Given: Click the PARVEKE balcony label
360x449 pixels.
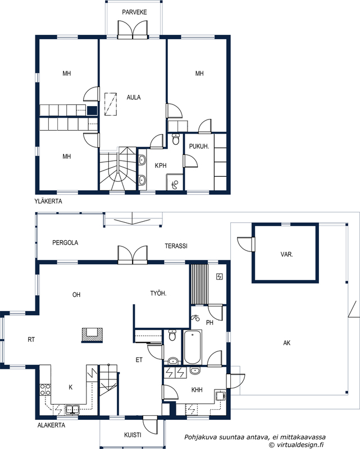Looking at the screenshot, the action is (134, 12).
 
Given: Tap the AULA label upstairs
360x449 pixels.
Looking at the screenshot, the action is (134, 97).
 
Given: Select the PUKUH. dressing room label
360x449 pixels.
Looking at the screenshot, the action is (199, 146).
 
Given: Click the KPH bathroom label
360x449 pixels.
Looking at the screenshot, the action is (161, 166).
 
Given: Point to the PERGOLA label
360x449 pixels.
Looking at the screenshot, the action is (65, 242).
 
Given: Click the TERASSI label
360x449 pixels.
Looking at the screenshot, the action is (176, 246).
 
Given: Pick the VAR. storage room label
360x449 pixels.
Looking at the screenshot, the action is (286, 254).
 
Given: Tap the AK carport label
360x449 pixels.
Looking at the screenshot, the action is (286, 343).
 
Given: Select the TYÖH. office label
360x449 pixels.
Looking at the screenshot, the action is (158, 293).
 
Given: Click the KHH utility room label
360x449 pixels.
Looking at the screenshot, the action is (197, 390).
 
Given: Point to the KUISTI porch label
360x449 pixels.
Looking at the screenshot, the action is (133, 435).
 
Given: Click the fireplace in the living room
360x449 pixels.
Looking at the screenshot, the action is (92, 335).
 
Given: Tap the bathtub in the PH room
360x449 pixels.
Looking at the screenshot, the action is (192, 347).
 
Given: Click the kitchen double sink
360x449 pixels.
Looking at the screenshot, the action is (72, 410).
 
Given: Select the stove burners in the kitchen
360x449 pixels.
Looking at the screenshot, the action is (45, 390).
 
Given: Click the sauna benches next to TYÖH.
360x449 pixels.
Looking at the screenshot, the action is (199, 284).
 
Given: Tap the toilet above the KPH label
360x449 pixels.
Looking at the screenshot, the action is (176, 139).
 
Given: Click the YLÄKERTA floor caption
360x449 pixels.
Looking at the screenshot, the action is (48, 201).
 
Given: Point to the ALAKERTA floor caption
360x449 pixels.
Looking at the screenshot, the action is (51, 425).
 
